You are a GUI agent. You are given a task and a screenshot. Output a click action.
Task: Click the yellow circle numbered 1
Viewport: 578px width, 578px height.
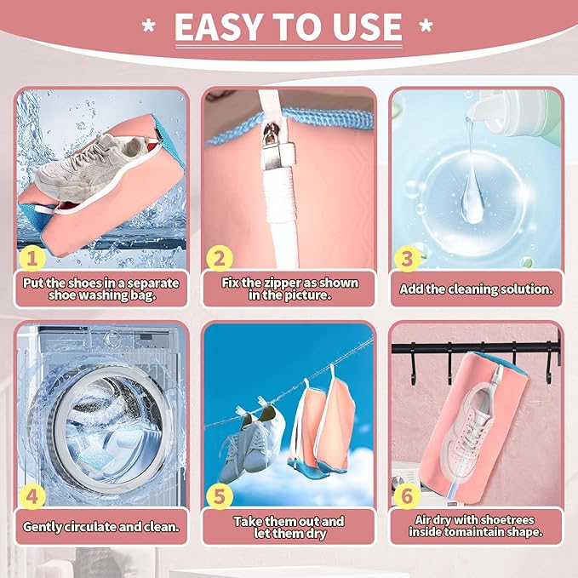point(31,258)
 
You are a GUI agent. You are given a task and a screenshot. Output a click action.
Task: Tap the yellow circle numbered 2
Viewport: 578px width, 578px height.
point(220,258)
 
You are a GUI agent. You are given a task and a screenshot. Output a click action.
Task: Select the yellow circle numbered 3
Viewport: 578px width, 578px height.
point(408,258)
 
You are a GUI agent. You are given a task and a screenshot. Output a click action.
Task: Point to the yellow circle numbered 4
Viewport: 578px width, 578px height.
point(31,495)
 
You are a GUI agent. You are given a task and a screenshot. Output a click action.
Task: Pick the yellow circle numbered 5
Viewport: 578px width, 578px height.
point(220,495)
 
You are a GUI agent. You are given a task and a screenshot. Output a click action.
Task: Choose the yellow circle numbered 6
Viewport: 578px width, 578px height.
point(407,495)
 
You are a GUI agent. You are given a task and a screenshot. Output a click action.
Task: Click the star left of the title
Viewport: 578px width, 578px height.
point(149,26)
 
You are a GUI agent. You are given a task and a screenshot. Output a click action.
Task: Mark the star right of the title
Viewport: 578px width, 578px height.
point(426,26)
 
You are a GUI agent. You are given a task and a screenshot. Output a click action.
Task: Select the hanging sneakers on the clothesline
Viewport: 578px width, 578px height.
point(250,443)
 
